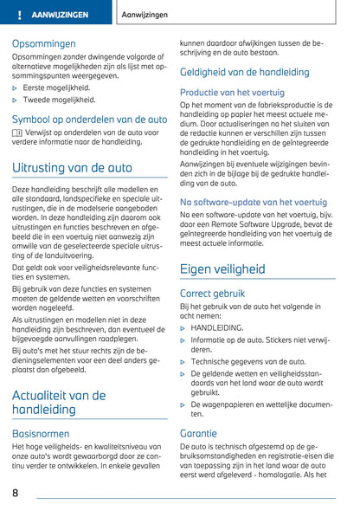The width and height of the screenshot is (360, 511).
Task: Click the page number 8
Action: [16, 493]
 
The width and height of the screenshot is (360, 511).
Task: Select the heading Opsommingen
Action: [43, 42]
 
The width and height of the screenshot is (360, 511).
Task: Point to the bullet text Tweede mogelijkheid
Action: [59, 100]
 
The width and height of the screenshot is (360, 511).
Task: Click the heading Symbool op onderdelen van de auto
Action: [90, 119]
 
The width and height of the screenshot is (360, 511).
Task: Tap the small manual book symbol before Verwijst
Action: [17, 133]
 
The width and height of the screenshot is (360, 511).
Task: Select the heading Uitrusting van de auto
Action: [73, 167]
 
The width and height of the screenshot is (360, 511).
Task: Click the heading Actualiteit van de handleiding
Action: [59, 401]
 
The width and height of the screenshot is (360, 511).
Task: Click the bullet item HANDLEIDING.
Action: [217, 328]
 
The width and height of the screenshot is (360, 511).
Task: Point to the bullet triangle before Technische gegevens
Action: [183, 362]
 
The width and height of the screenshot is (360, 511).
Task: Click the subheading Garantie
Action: [198, 433]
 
